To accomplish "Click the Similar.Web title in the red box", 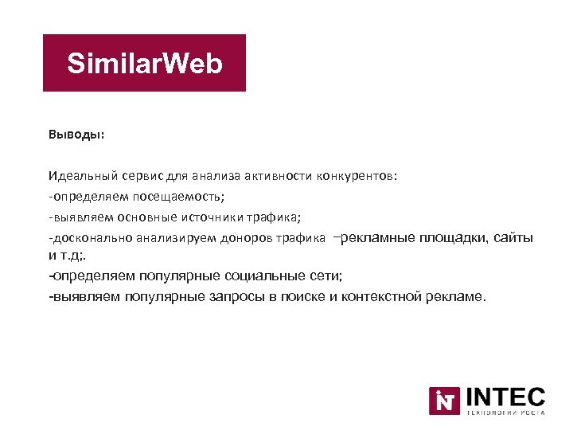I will [144, 64].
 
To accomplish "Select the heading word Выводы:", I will [76, 135].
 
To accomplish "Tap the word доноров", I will [254, 237].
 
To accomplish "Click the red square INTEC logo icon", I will [444, 401].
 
